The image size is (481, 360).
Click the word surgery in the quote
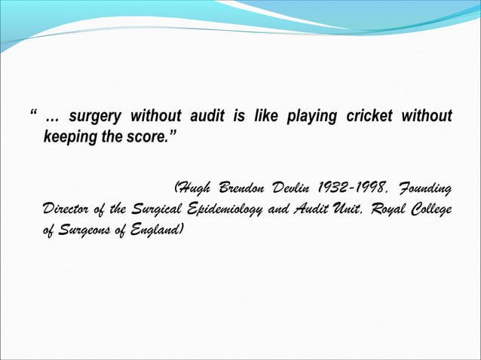click(x=93, y=117)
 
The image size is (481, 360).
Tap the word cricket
click(x=370, y=117)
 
